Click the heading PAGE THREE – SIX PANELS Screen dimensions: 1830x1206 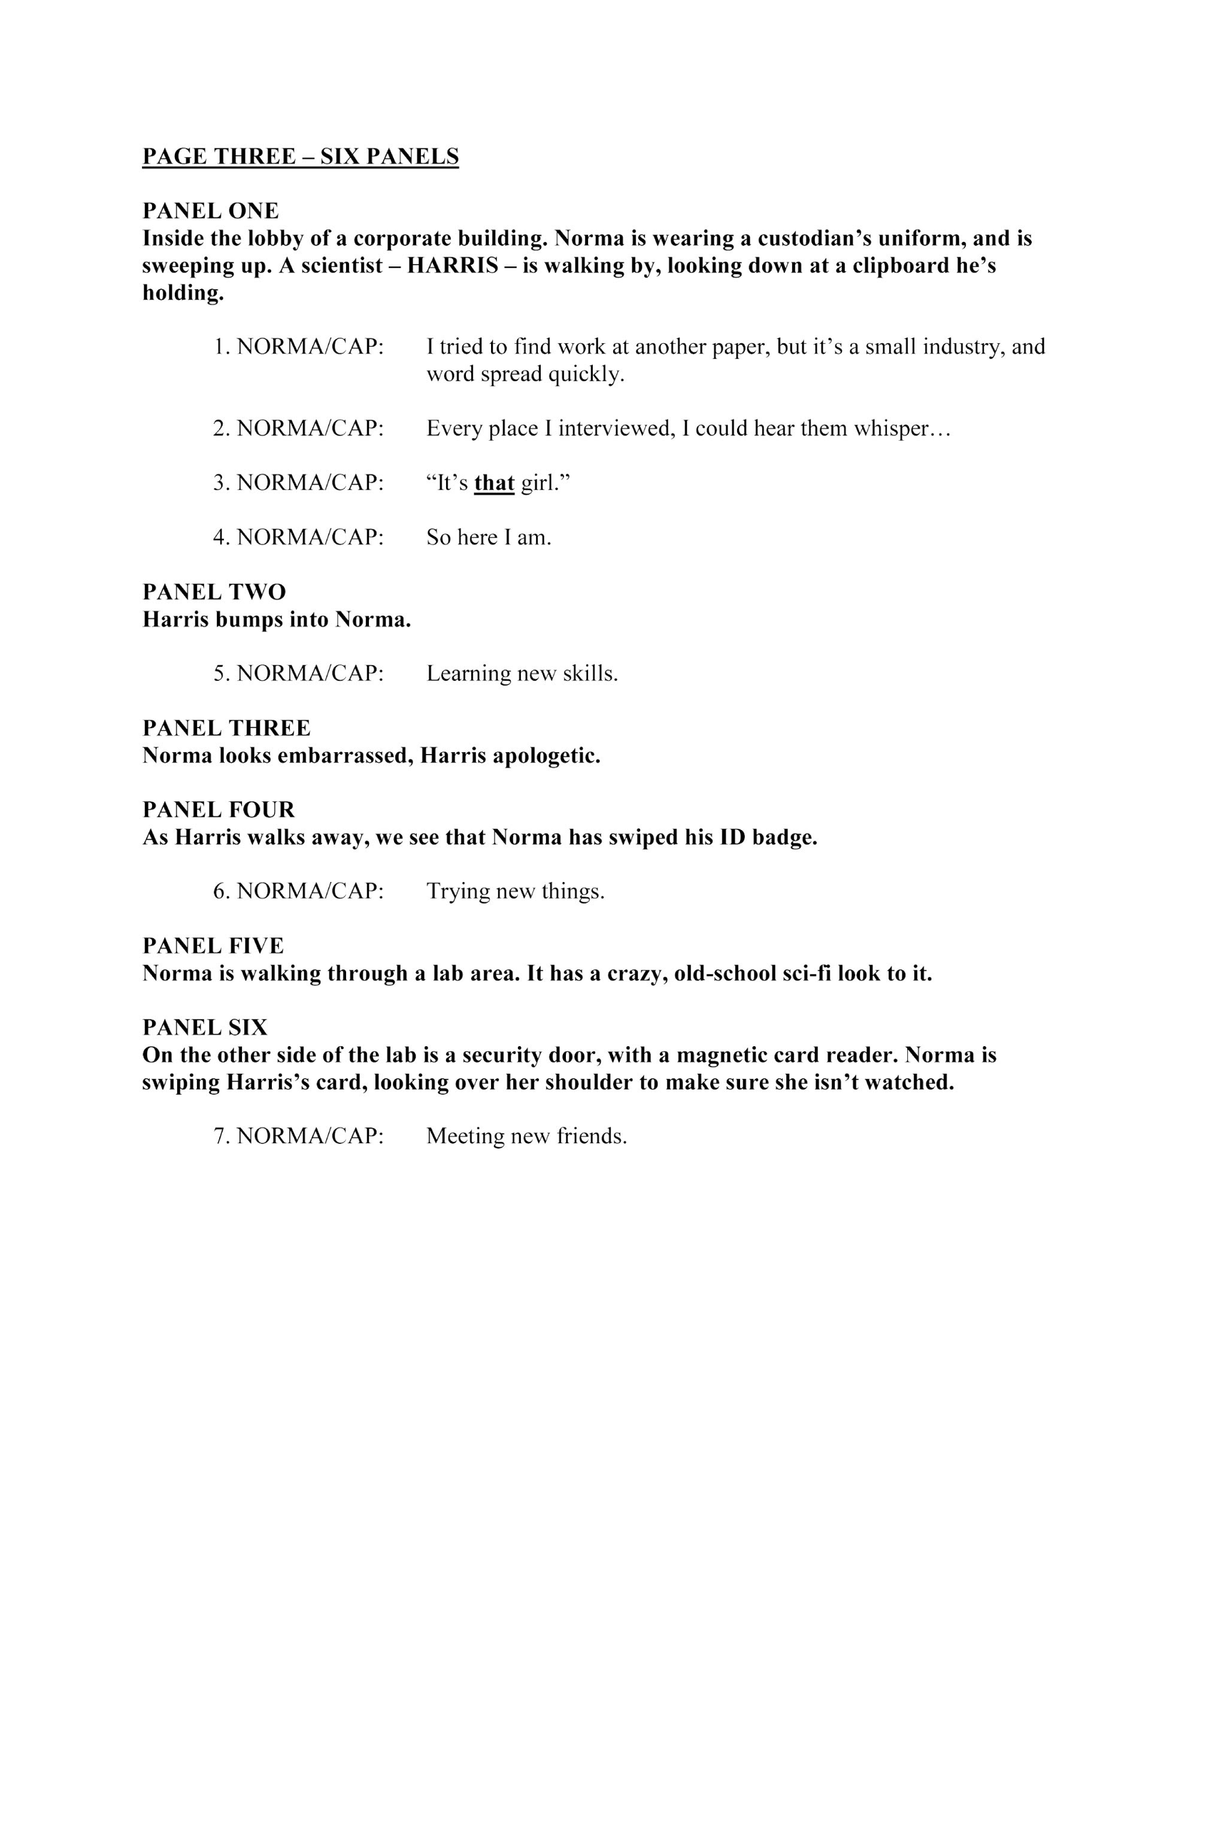[301, 157]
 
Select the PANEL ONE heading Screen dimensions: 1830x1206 [211, 211]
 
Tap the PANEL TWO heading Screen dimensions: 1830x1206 [214, 592]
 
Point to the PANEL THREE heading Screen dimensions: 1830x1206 [227, 728]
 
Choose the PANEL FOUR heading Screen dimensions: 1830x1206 [219, 810]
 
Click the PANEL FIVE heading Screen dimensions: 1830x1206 [213, 946]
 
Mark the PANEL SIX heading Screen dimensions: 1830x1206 [205, 1027]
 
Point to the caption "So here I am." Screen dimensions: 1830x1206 [489, 538]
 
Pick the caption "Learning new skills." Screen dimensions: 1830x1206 [522, 674]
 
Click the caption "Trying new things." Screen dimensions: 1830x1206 [516, 892]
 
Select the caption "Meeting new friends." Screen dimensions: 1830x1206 [527, 1137]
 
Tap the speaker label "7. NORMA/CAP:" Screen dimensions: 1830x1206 [298, 1137]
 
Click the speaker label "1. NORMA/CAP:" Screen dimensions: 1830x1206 [298, 347]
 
